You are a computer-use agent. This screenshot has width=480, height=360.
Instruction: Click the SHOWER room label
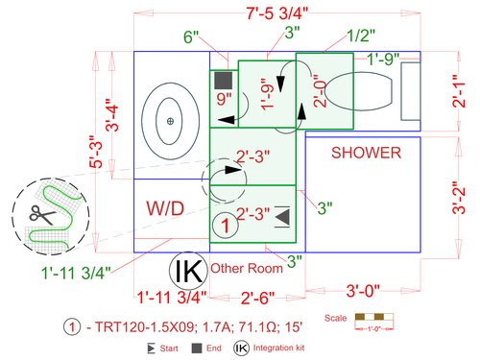click(366, 153)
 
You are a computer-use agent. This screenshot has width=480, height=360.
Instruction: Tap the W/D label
click(165, 208)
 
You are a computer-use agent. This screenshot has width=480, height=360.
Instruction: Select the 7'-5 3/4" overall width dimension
click(277, 13)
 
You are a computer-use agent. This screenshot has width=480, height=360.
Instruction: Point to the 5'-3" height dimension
click(96, 152)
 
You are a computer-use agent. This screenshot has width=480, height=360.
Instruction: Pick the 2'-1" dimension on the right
click(459, 91)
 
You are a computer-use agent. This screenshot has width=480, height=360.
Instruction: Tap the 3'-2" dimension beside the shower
click(459, 198)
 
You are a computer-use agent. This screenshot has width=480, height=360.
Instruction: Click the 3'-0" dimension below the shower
click(363, 291)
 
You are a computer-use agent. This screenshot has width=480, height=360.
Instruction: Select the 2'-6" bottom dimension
click(257, 298)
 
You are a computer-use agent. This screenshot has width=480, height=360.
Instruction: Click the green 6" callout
click(191, 36)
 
